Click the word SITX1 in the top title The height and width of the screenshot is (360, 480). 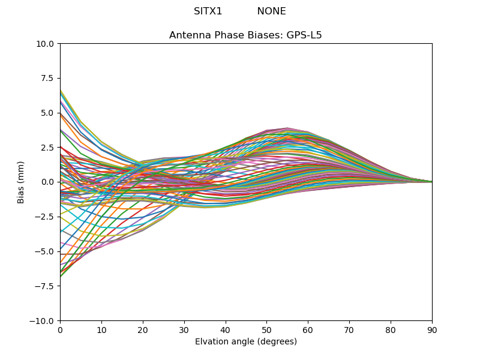[208, 11]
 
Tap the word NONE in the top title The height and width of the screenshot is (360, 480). [271, 11]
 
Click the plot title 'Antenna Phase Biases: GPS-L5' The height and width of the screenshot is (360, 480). [245, 35]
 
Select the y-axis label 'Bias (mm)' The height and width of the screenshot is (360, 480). [21, 182]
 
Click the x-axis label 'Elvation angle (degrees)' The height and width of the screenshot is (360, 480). [245, 342]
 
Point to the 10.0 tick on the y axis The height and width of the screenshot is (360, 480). [47, 44]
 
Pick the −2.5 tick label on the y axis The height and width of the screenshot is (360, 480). [46, 217]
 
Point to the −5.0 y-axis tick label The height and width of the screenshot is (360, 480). [46, 251]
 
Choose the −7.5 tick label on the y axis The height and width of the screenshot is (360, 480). [46, 286]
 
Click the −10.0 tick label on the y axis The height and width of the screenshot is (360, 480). [44, 321]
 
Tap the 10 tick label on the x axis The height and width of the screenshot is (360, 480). [101, 331]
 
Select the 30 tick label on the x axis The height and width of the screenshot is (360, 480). [184, 331]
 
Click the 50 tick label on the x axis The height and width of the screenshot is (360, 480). [266, 331]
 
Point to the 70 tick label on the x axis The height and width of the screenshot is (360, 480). [349, 331]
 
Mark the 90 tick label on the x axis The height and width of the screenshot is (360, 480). [432, 331]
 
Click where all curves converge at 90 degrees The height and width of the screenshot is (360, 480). [431, 182]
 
